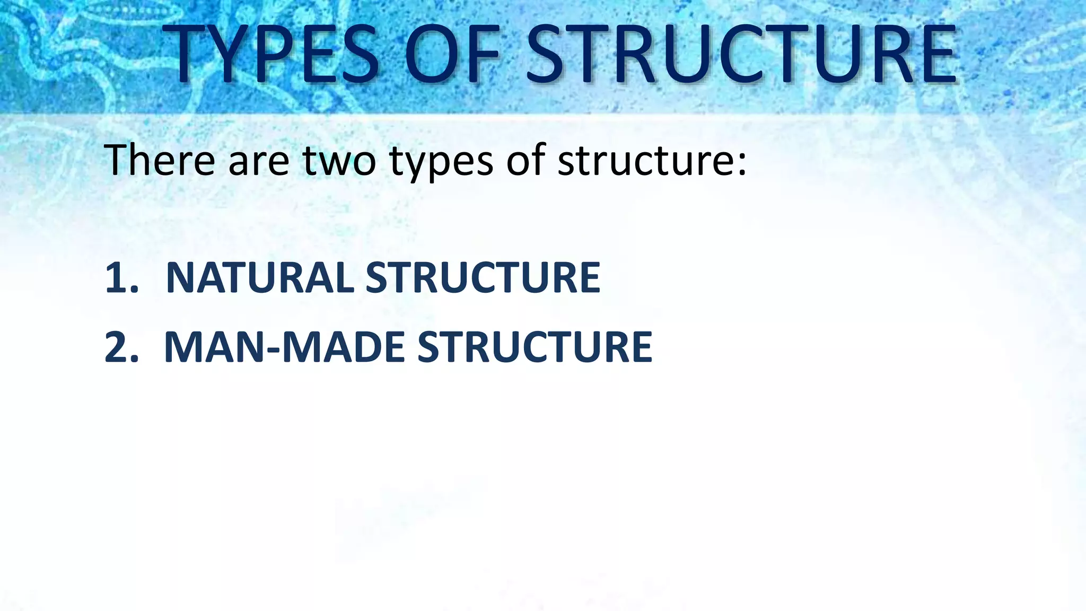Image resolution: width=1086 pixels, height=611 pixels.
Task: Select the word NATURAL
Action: click(x=260, y=277)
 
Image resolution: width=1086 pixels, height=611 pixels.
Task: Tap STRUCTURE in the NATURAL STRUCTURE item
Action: click(x=483, y=277)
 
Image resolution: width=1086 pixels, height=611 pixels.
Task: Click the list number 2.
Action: click(x=119, y=347)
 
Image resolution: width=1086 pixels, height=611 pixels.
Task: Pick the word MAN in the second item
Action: click(x=215, y=347)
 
